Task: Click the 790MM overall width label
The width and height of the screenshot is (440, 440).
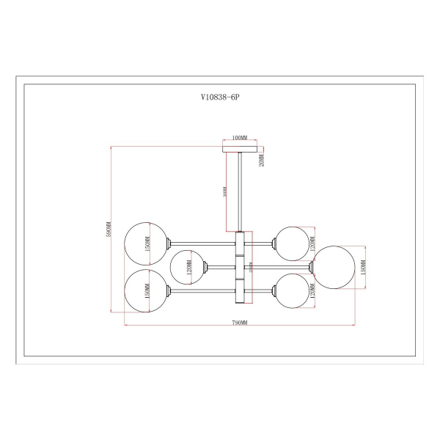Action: click(x=240, y=323)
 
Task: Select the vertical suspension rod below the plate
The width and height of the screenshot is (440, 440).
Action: click(x=239, y=191)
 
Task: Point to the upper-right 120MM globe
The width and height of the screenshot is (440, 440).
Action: click(x=290, y=242)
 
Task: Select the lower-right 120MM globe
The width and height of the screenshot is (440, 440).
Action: click(x=290, y=291)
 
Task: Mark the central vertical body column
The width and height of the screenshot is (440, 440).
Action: click(x=239, y=268)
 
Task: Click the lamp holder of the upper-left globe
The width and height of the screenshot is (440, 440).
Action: click(x=170, y=243)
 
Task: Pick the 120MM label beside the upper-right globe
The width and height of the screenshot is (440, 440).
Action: click(x=312, y=242)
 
